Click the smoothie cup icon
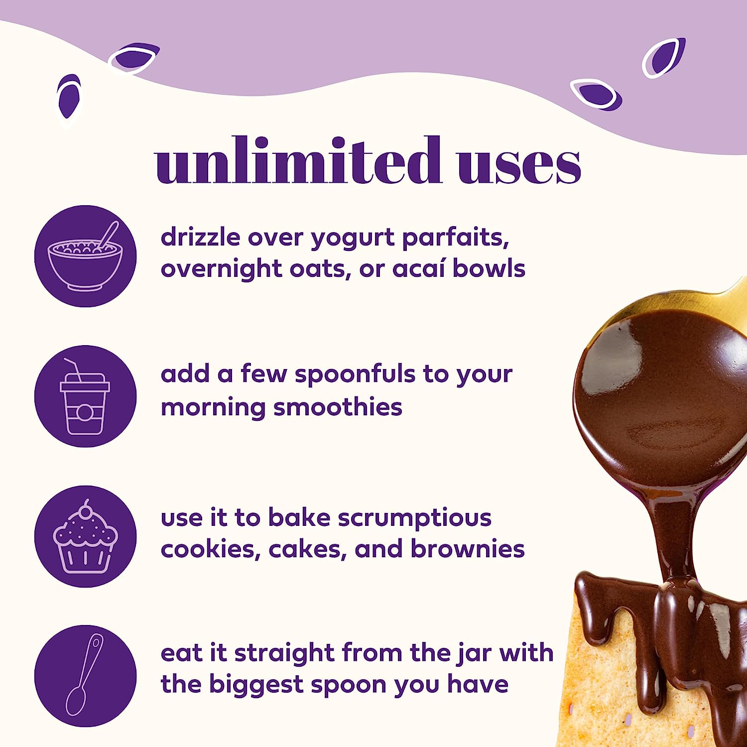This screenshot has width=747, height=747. click(x=85, y=396)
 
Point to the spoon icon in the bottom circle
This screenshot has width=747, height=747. click(x=85, y=675)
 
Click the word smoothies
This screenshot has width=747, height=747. click(x=338, y=407)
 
